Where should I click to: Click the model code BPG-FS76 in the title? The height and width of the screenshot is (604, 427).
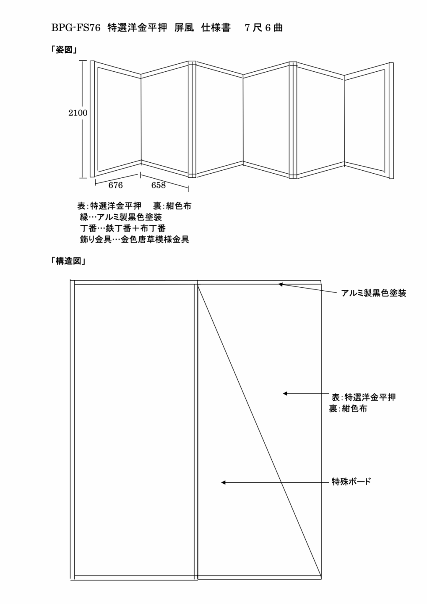tap(76, 28)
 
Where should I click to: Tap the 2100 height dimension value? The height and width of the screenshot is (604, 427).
tap(78, 113)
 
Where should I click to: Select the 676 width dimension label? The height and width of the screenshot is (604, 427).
tap(115, 185)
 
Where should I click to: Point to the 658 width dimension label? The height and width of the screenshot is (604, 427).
tap(158, 185)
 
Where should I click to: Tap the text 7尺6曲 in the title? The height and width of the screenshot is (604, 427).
tap(264, 28)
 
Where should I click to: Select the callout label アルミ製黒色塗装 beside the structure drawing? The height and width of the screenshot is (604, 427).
tap(374, 293)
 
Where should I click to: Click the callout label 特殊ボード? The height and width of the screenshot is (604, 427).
tap(351, 482)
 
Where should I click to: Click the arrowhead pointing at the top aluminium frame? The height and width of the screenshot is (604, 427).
tap(280, 284)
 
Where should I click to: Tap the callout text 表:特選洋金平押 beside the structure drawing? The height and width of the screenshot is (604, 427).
tap(363, 397)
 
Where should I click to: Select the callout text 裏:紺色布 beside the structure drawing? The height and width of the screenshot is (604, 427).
tap(348, 409)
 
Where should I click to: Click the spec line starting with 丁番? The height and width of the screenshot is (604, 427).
tap(122, 228)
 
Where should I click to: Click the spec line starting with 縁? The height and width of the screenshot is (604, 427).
tap(121, 217)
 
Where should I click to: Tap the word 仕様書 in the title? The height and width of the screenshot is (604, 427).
tap(216, 28)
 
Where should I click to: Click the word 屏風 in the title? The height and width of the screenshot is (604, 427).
tap(184, 28)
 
